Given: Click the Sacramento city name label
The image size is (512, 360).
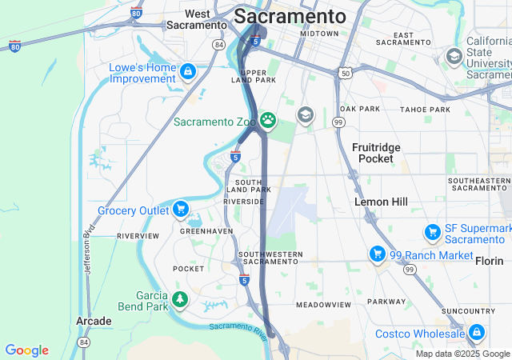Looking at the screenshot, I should coord(290,17).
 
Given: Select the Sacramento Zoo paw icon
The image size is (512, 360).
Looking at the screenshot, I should coord(268,122).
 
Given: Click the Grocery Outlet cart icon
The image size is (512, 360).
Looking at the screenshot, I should coord(182,210).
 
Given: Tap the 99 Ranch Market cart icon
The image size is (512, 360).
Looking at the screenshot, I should coord(377,254).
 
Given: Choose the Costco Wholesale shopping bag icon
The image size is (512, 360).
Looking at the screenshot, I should coord(476,332).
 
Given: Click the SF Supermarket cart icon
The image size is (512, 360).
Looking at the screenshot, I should coord(433,232).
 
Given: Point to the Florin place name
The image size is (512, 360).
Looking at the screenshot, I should coord(489,261).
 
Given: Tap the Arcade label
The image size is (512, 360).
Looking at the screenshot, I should coord(94,321).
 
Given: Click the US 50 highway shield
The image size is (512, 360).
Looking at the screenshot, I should coord(345,73).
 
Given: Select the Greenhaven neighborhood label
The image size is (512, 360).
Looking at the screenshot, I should coord(206,230).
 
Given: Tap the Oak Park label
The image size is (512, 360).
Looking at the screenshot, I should coord(359,109).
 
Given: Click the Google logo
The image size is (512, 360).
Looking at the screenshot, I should coord(26,350).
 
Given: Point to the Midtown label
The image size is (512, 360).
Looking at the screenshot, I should coord(320,34).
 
